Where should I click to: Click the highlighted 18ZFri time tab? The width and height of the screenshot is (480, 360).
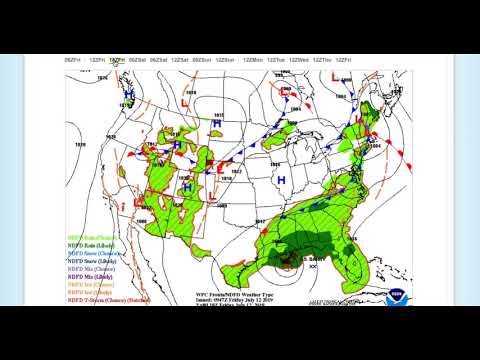[x=117, y=59]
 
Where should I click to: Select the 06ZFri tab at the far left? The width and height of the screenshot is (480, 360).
[x=73, y=59]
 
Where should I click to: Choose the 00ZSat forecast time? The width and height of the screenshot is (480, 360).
[x=139, y=59]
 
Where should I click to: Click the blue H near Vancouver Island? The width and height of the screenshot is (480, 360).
[x=129, y=96]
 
